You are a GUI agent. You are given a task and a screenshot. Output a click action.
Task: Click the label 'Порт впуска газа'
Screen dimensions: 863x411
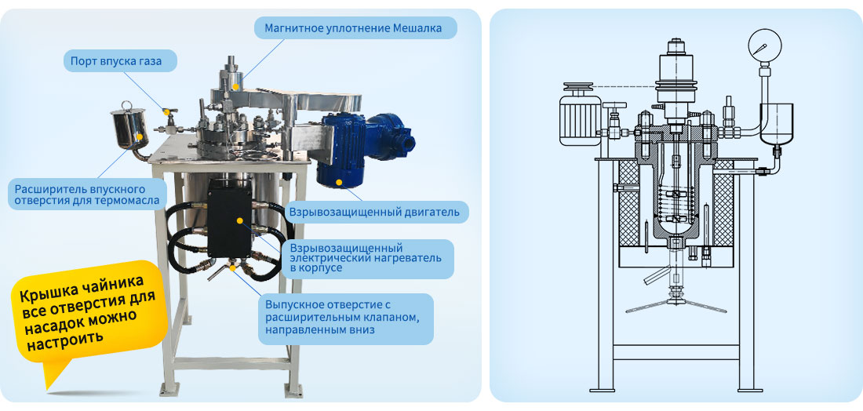coord(121,61)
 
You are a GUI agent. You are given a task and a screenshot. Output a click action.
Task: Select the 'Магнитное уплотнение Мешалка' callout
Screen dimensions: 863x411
coord(355,28)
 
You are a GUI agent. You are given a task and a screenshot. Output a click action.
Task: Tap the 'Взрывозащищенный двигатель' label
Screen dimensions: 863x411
coord(375,213)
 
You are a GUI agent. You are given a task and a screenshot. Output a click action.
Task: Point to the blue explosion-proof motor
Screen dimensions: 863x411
coord(364,147)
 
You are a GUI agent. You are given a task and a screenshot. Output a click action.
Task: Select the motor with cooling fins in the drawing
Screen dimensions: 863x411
coord(580,116)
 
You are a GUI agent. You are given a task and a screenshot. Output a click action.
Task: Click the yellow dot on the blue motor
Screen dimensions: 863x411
coord(338,181)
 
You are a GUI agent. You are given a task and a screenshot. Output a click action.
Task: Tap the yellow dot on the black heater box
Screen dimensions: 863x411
coord(240,220)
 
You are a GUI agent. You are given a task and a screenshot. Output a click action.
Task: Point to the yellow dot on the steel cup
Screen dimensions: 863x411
coord(140,137)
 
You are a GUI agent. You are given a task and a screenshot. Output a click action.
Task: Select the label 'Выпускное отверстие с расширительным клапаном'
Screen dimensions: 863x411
coord(345,318)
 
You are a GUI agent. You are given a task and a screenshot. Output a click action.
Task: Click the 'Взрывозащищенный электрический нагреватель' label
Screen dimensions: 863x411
coord(369,258)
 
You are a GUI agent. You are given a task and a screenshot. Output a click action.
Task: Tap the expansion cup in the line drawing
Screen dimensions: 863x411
coord(777,125)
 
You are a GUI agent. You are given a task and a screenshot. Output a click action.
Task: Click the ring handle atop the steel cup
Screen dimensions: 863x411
coord(126,106)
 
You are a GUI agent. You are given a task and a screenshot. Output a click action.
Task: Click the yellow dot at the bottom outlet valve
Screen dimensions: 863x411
coord(233,268)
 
